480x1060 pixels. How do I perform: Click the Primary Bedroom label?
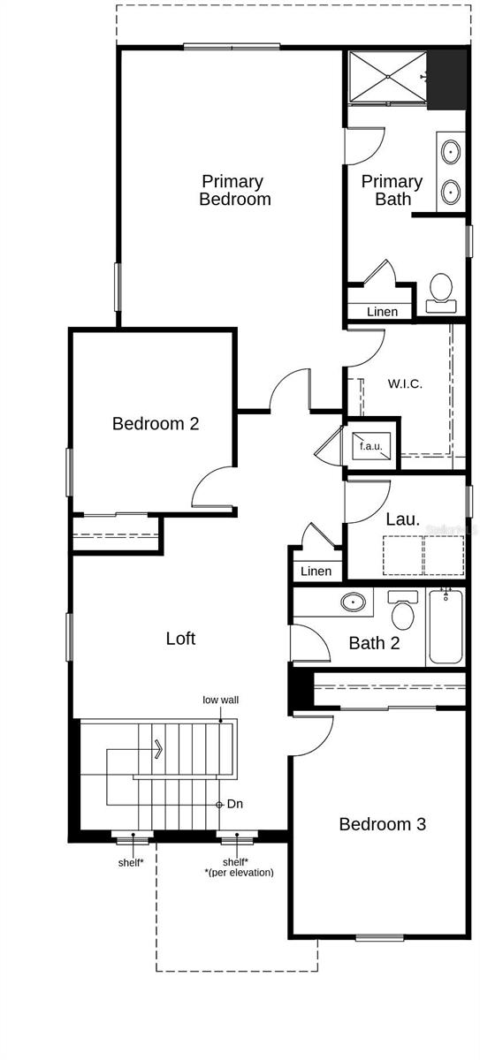(234, 190)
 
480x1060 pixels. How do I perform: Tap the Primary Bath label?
(392, 190)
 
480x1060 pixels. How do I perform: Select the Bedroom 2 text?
(156, 423)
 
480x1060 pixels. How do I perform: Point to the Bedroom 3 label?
(382, 824)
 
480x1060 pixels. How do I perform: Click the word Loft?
(180, 638)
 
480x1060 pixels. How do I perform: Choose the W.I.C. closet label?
(405, 384)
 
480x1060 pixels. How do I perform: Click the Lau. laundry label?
(402, 519)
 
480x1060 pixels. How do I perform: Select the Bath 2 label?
(374, 643)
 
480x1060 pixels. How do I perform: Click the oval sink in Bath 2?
(354, 602)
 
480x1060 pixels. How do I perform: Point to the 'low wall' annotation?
(221, 700)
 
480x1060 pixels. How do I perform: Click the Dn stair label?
(235, 804)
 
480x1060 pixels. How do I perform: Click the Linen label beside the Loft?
(316, 572)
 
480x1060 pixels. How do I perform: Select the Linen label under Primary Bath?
(382, 312)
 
